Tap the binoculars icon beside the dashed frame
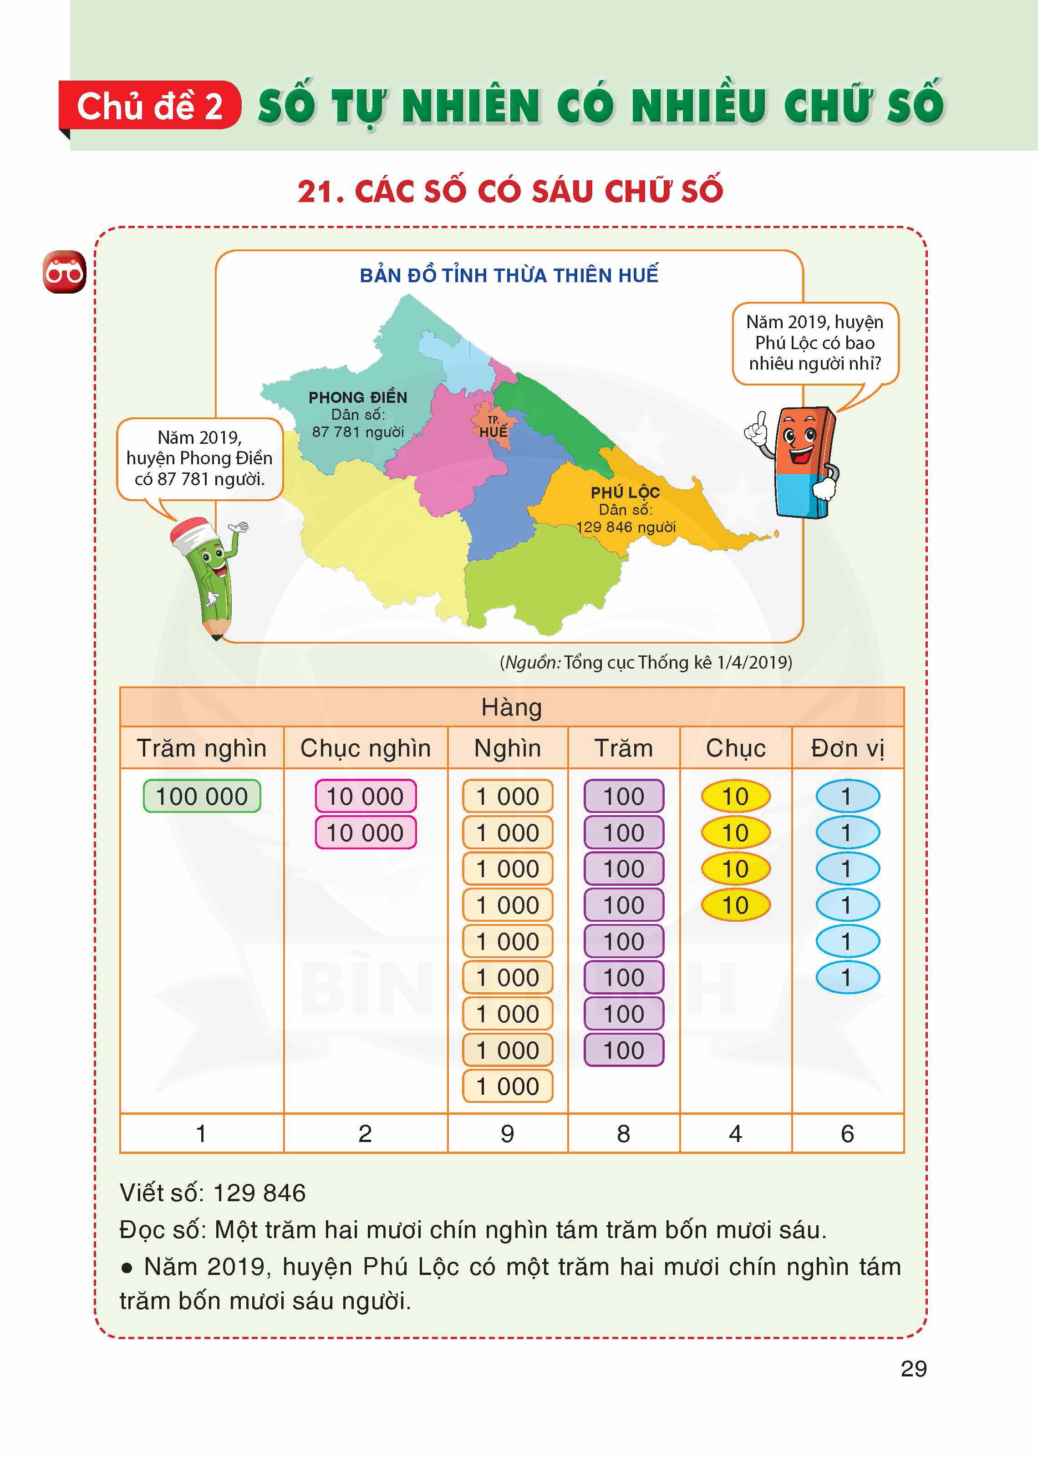(x=64, y=273)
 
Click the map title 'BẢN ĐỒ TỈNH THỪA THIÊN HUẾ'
(x=509, y=275)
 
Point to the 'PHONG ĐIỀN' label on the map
(x=357, y=397)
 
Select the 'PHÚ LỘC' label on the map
(x=625, y=492)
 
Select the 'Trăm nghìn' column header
(x=201, y=748)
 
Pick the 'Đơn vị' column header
(x=848, y=748)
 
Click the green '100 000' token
(x=201, y=796)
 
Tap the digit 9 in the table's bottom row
(x=508, y=1134)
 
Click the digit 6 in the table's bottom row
(x=848, y=1134)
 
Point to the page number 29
(x=913, y=1369)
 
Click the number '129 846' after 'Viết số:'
(x=259, y=1193)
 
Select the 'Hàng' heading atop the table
(x=511, y=707)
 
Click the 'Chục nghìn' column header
(x=366, y=748)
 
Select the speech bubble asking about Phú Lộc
(x=815, y=343)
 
